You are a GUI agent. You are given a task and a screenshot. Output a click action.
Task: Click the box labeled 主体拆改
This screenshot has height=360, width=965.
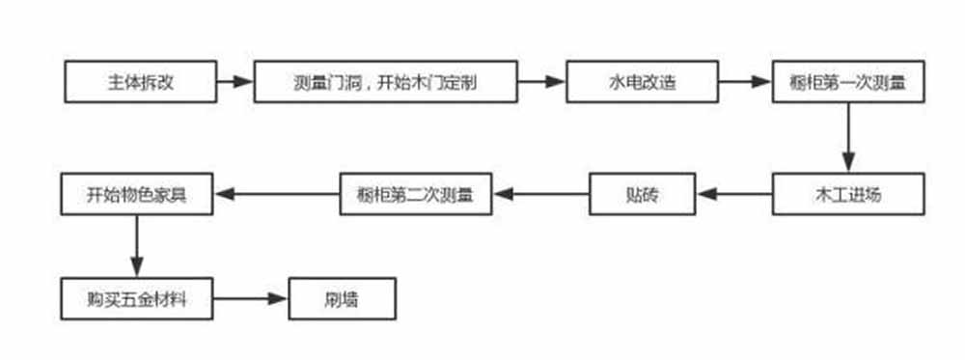point(141,82)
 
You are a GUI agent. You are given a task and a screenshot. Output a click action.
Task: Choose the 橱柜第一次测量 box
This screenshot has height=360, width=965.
point(847,82)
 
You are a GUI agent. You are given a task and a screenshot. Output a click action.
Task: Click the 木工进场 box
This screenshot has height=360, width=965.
point(847,194)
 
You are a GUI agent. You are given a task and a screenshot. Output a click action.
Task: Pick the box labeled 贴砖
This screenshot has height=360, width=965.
point(643,194)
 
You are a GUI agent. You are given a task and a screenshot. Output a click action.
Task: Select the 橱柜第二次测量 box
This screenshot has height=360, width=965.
point(414,194)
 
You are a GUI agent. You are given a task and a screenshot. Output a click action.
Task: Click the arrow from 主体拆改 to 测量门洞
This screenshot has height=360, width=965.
point(234,82)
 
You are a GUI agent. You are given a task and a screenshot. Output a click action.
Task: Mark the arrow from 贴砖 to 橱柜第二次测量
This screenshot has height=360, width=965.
point(540,194)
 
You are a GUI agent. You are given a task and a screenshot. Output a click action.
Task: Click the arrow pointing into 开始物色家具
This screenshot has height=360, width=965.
point(274,194)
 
